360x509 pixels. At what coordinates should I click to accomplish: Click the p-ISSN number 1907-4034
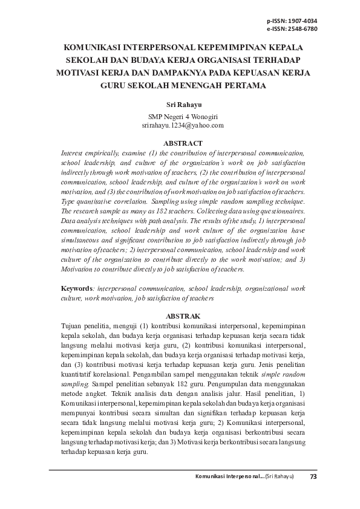click(303, 20)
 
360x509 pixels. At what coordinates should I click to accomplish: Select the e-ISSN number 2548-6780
click(303, 28)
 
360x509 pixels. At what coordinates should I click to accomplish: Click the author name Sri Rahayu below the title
click(183, 105)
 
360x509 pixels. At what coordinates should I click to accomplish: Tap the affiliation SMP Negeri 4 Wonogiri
click(183, 116)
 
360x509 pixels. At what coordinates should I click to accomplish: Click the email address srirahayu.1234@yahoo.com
click(183, 125)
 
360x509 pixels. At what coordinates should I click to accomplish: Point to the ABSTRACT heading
click(183, 144)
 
